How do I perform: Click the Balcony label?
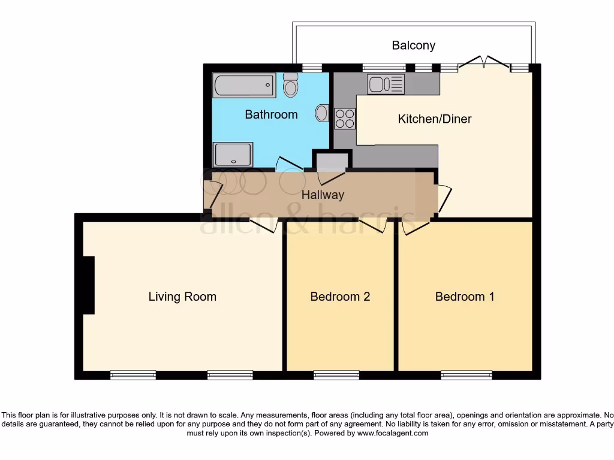tap(413, 46)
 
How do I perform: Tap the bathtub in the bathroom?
tap(243, 86)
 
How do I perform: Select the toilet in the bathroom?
tap(291, 86)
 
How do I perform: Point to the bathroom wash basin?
tap(322, 112)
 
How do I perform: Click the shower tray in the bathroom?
tap(233, 155)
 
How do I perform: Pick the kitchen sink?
tap(386, 84)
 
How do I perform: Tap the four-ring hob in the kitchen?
tap(344, 119)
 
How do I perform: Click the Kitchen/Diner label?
tap(435, 119)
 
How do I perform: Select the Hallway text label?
tap(323, 195)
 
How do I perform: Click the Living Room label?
tap(182, 296)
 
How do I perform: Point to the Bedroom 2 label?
tap(340, 296)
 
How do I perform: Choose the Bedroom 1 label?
tap(465, 296)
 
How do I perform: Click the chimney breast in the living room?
tap(89, 285)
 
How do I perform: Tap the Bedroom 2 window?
tap(336, 375)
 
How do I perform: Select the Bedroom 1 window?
tap(466, 375)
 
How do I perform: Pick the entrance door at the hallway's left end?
tap(213, 195)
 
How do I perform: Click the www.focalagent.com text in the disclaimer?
tap(392, 433)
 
